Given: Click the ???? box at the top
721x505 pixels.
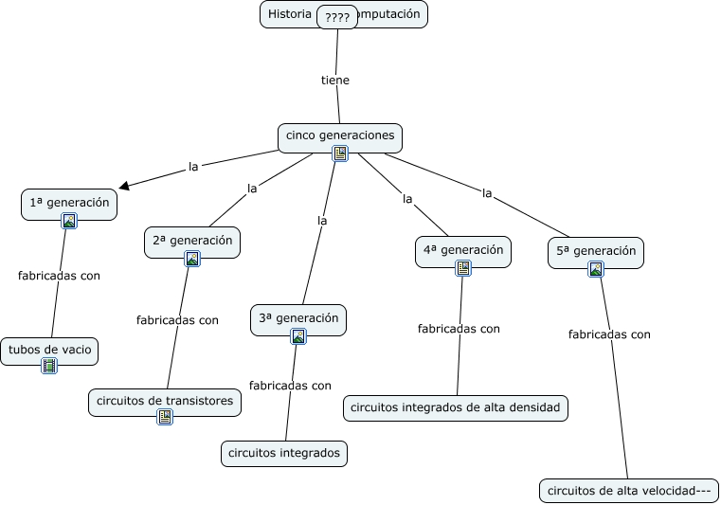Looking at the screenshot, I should point(336,17).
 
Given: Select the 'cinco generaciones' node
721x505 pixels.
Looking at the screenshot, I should point(340,135).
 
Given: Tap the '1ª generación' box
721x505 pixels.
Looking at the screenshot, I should point(69,202).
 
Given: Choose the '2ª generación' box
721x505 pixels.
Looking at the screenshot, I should point(192,240).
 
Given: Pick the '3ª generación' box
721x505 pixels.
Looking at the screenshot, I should point(298,318).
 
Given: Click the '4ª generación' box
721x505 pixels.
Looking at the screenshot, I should point(463,250).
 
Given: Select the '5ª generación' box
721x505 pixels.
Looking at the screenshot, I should point(596,251).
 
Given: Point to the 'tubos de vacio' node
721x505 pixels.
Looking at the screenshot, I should point(49,350).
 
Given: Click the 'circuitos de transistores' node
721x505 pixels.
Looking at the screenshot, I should point(165,401).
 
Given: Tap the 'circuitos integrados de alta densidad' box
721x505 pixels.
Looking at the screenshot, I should point(456,407).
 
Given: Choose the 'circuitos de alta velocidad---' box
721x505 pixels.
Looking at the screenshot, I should point(628,490).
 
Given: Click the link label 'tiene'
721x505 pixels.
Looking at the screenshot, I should point(335,80).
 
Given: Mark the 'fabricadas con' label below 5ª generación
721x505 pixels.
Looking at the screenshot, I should point(609,334).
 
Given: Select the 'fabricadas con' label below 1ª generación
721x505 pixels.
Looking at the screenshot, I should point(59,276).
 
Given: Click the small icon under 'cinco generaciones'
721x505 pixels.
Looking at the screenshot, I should point(340,153).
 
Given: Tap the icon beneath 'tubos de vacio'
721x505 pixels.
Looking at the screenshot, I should point(49,366).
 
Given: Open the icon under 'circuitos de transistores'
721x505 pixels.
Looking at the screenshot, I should point(165,416).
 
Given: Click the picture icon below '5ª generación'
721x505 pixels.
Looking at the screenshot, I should point(596,268).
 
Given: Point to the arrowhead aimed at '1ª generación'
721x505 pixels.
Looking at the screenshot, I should point(124,186).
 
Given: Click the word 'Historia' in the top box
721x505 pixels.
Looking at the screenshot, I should point(289,14).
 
